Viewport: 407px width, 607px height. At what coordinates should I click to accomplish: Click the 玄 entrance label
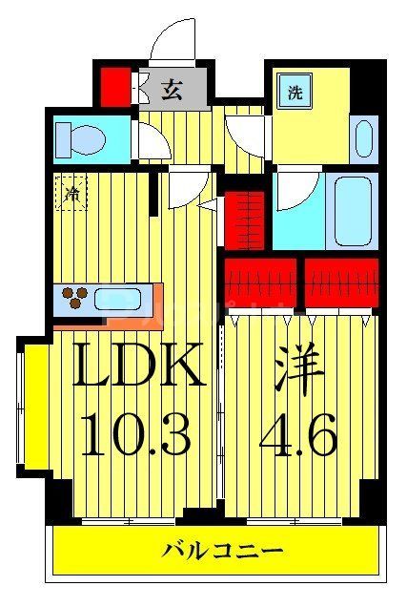172,91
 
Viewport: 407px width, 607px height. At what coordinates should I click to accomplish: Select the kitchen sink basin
116,300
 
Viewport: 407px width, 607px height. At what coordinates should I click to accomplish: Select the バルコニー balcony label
222,551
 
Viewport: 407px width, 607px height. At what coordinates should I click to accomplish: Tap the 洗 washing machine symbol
295,94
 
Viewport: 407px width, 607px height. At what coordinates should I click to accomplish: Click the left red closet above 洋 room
262,283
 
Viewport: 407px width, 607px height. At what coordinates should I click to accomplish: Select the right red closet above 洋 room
341,283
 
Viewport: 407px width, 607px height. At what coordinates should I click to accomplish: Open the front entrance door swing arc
172,43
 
